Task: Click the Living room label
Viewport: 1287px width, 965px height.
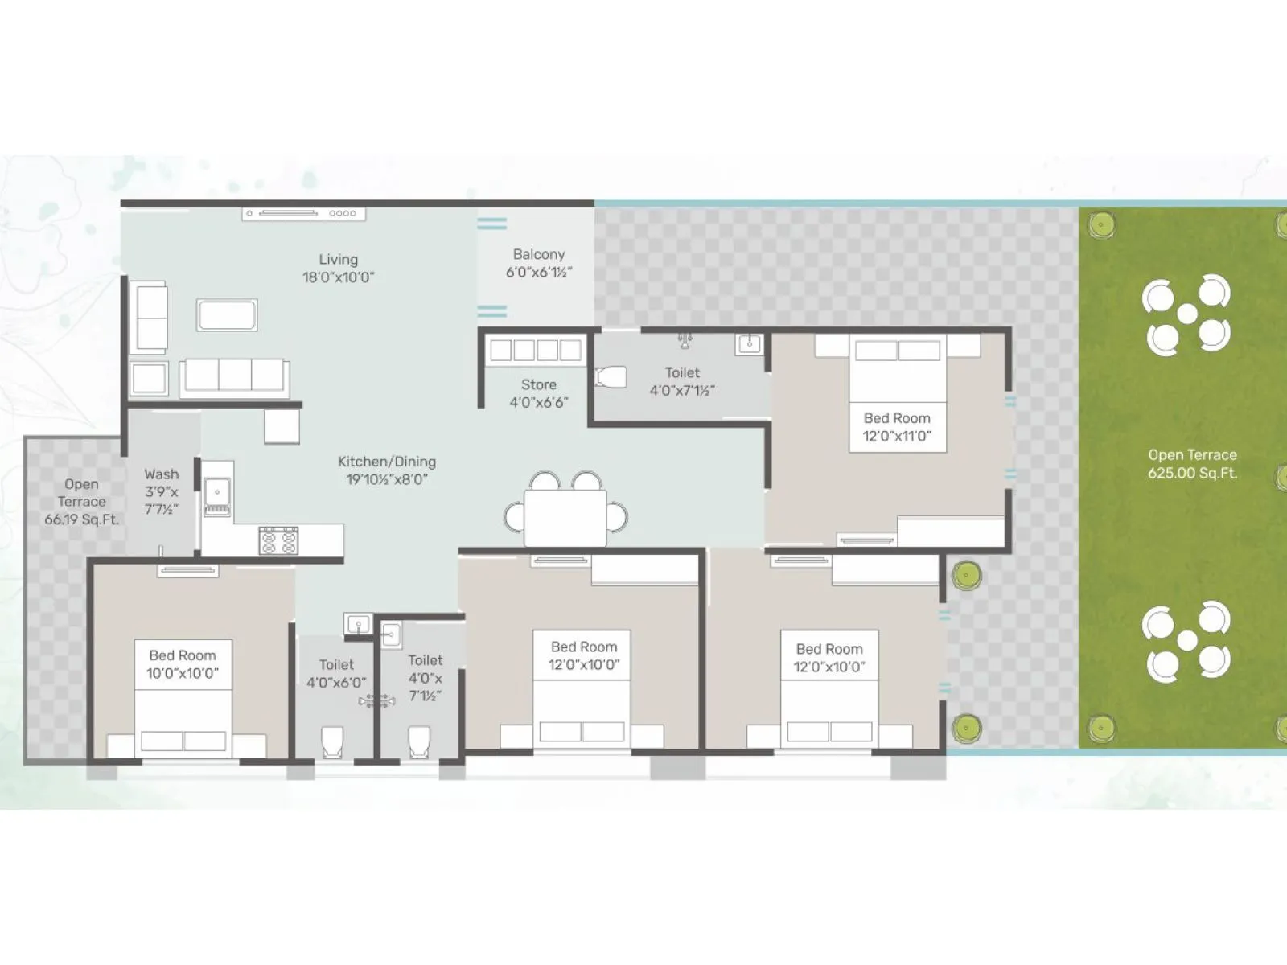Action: (338, 260)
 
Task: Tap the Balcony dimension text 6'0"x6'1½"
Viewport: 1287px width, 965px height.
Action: (538, 273)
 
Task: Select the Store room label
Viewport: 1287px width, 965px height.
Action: (538, 384)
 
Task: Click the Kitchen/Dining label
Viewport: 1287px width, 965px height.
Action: (387, 462)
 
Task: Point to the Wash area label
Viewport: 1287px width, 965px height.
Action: (161, 474)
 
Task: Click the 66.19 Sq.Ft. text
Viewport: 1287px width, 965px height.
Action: (81, 519)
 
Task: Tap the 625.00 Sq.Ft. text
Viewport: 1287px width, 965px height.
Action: (1192, 473)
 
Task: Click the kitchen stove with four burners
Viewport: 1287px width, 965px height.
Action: (278, 540)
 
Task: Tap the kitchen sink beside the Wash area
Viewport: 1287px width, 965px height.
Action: (217, 491)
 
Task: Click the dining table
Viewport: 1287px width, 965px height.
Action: (565, 517)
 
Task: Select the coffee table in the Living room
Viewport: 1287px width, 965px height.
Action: (227, 314)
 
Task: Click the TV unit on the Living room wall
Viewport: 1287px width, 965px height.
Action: (304, 214)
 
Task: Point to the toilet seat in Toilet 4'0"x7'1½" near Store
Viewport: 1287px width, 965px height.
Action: (611, 376)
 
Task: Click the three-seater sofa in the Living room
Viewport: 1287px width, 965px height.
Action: (234, 376)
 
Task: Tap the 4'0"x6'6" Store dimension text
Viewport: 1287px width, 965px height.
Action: (538, 402)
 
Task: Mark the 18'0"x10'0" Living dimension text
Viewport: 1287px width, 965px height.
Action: (338, 277)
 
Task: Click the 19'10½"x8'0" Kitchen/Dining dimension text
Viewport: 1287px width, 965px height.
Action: (387, 479)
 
